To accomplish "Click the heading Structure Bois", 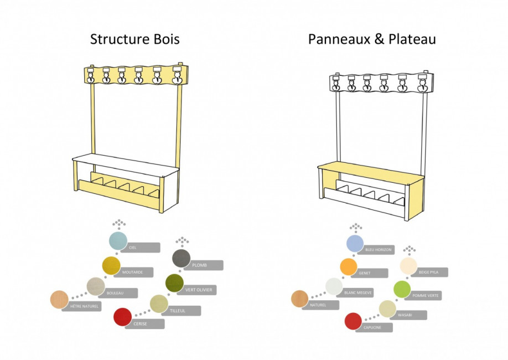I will click(x=135, y=39).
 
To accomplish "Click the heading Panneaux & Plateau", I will click(x=372, y=39).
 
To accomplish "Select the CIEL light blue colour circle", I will click(x=118, y=241).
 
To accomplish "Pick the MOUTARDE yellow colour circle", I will click(x=111, y=265).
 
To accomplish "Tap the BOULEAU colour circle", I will click(x=96, y=286).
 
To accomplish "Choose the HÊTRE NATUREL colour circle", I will click(x=59, y=299).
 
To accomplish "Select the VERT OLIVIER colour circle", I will click(x=175, y=282).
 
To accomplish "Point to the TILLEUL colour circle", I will click(x=159, y=304).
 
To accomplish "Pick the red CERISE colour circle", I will click(x=122, y=317).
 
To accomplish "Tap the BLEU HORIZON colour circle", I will click(x=355, y=243).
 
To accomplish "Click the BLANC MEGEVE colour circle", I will click(x=334, y=286).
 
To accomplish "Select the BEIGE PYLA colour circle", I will click(x=408, y=266).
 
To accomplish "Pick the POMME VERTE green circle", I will click(x=402, y=289).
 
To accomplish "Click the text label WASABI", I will click(x=405, y=315).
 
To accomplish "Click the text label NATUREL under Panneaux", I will click(x=318, y=305).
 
